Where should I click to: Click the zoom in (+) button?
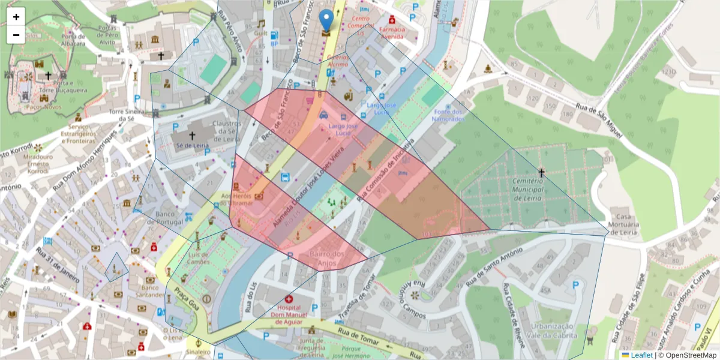[16, 17]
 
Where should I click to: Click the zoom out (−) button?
[16, 35]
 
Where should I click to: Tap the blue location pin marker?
[326, 20]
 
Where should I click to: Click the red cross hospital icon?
[289, 299]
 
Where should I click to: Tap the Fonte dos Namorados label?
[449, 115]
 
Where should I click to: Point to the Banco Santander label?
[151, 290]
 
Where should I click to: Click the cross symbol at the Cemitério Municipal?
[541, 173]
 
